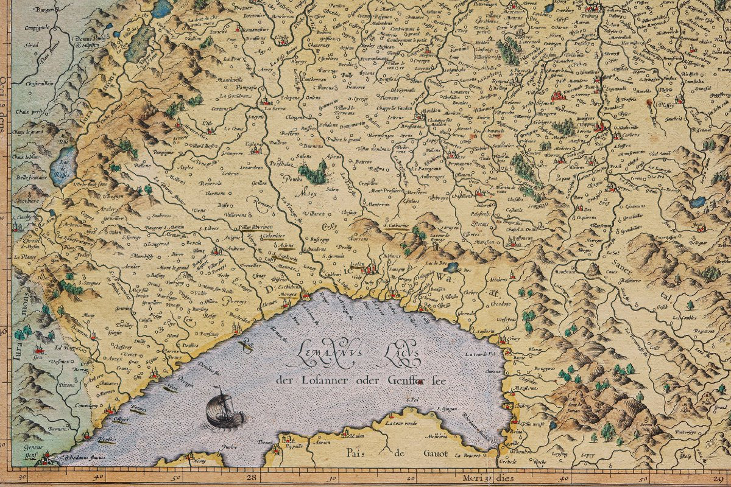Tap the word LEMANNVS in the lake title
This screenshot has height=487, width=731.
[323, 354]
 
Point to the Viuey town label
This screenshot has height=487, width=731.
[514, 339]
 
